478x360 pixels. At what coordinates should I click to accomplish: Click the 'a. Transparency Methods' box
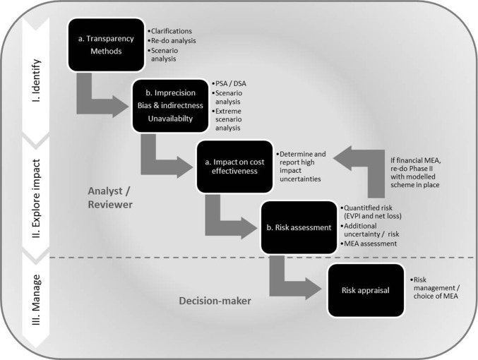[x=105, y=44]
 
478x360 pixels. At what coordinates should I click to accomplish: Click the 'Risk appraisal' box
[x=365, y=290]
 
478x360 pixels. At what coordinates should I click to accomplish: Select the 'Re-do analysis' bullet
[x=173, y=41]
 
